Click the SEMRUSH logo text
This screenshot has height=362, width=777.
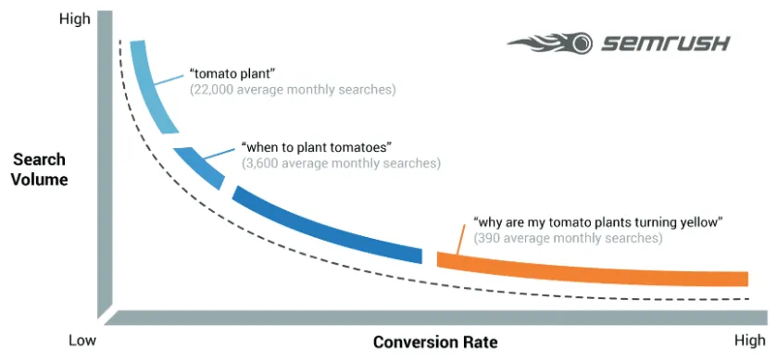[x=666, y=43]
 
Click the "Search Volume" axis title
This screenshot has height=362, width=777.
[x=40, y=169]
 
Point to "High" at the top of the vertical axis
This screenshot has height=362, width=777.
[x=73, y=19]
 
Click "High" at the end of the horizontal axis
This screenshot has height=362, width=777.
[x=750, y=341]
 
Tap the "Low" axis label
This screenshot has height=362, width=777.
[x=82, y=341]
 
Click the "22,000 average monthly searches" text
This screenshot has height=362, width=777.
[x=293, y=90]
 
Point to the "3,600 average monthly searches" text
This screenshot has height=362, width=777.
[x=341, y=163]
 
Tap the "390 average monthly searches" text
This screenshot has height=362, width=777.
[x=568, y=238]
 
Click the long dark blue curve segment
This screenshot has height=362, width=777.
[x=324, y=223]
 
